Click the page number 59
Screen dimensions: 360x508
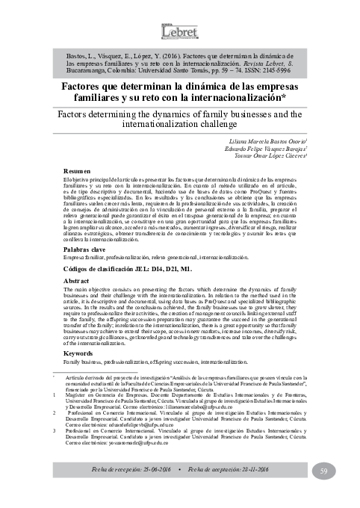[324, 469]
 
